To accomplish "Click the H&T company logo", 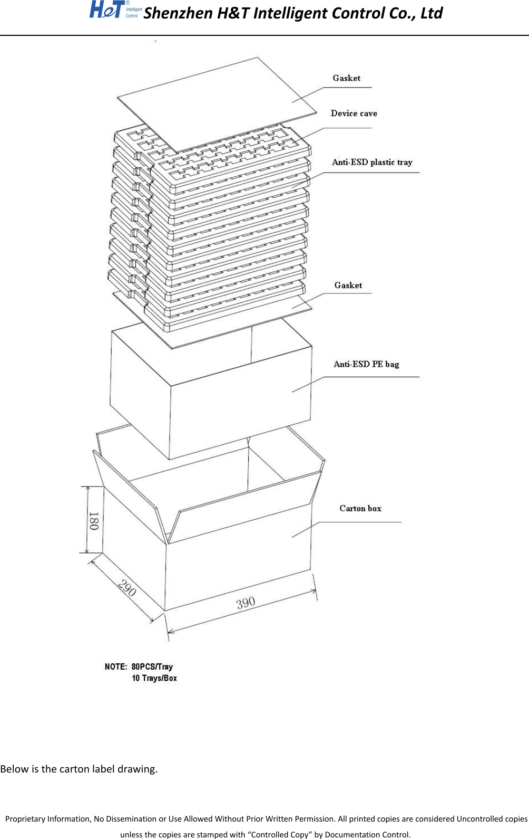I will [x=115, y=9].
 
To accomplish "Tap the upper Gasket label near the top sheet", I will [x=346, y=78].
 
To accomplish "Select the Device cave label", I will [x=354, y=113].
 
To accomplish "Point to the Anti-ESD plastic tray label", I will [x=372, y=162].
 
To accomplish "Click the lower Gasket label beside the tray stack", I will [x=348, y=285].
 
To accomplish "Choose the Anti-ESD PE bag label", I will [x=366, y=364].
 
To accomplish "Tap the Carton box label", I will [x=360, y=508].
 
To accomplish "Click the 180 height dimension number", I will [x=93, y=520].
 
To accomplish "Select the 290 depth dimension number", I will [x=127, y=587].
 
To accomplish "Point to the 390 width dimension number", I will [x=246, y=603].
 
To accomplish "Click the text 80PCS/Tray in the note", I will [x=152, y=666].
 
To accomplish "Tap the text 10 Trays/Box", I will [x=154, y=678].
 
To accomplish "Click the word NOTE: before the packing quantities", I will [x=116, y=666].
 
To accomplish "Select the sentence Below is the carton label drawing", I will [x=79, y=769].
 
